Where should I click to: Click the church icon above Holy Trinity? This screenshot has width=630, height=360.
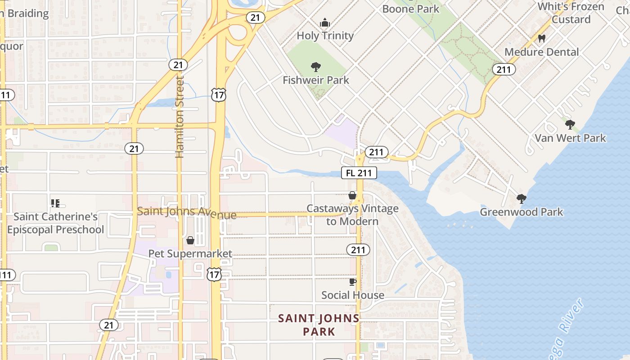pyautogui.click(x=324, y=22)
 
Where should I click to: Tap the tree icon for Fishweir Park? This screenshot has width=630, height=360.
pyautogui.click(x=316, y=67)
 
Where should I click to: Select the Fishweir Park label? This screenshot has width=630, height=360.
pyautogui.click(x=316, y=80)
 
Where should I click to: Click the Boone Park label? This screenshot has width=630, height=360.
pyautogui.click(x=410, y=9)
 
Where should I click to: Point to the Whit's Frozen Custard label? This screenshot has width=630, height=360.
pyautogui.click(x=571, y=13)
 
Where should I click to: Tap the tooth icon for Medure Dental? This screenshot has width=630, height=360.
pyautogui.click(x=542, y=39)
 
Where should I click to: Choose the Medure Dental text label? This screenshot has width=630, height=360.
pyautogui.click(x=542, y=52)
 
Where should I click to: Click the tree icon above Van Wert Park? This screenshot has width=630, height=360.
pyautogui.click(x=570, y=124)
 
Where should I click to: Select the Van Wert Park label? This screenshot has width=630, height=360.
pyautogui.click(x=570, y=138)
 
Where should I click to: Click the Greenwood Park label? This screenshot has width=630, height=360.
pyautogui.click(x=522, y=211)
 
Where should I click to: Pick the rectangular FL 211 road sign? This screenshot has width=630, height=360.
pyautogui.click(x=359, y=173)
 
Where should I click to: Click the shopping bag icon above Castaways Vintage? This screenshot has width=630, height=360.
pyautogui.click(x=352, y=195)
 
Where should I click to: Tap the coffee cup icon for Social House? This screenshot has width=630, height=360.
pyautogui.click(x=353, y=282)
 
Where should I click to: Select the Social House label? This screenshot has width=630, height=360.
pyautogui.click(x=353, y=295)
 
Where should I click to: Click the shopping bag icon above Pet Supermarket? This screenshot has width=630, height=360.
pyautogui.click(x=190, y=240)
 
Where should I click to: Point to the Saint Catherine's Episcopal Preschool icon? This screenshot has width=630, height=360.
pyautogui.click(x=55, y=203)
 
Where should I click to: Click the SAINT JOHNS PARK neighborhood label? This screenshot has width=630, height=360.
pyautogui.click(x=319, y=325)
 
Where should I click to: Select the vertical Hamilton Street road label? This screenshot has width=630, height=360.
pyautogui.click(x=180, y=117)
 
